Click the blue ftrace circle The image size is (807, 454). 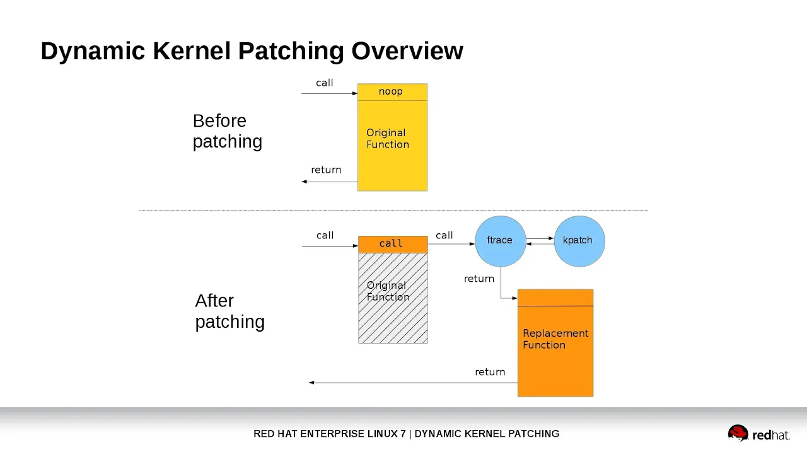pyautogui.click(x=501, y=241)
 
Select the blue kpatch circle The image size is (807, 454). pyautogui.click(x=579, y=241)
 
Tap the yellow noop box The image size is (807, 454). pyautogui.click(x=392, y=92)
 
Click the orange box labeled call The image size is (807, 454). pyautogui.click(x=393, y=244)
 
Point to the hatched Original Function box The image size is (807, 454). pyautogui.click(x=393, y=298)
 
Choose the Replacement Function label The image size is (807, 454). pyautogui.click(x=555, y=339)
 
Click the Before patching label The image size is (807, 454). pyautogui.click(x=228, y=131)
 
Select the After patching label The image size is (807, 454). pyautogui.click(x=230, y=311)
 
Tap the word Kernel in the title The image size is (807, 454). pyautogui.click(x=192, y=51)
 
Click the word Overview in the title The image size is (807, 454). pyautogui.click(x=407, y=51)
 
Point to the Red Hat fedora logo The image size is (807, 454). pyautogui.click(x=738, y=433)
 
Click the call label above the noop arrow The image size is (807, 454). pyautogui.click(x=325, y=83)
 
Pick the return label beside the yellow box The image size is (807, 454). pyautogui.click(x=326, y=170)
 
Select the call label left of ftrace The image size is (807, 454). pyautogui.click(x=444, y=235)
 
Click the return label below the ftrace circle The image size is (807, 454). pyautogui.click(x=479, y=279)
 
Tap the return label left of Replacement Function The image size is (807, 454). pyautogui.click(x=490, y=372)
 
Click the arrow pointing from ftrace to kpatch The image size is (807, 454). pyautogui.click(x=540, y=238)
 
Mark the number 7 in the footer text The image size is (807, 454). pyautogui.click(x=403, y=433)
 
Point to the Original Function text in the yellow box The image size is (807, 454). pyautogui.click(x=388, y=138)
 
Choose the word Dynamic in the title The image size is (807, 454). pyautogui.click(x=93, y=52)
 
